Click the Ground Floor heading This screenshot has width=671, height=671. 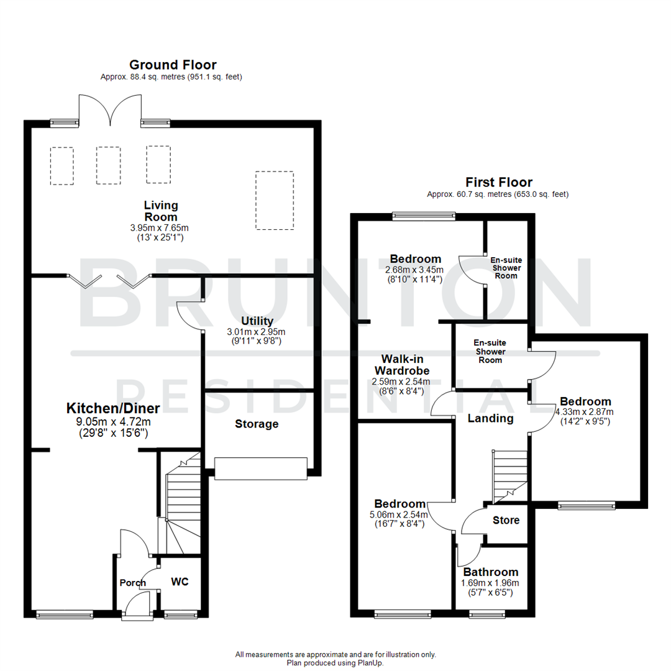click(x=172, y=65)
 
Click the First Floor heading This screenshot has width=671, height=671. click(x=499, y=182)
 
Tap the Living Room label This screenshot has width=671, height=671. click(x=161, y=211)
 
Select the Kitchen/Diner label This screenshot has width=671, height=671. click(x=113, y=408)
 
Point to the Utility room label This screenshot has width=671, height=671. click(x=257, y=321)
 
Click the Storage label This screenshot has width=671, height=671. click(x=257, y=424)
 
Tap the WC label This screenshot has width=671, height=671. click(x=180, y=582)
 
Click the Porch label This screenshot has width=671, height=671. click(x=132, y=583)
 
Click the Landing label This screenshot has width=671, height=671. click(x=490, y=419)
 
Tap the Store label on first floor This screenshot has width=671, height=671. click(x=506, y=520)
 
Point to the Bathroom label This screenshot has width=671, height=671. click(x=490, y=572)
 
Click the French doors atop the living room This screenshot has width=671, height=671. click(x=110, y=110)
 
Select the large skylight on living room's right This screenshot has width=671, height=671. click(x=274, y=200)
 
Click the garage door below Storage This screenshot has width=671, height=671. click(x=260, y=468)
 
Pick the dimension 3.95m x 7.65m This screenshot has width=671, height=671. click(x=160, y=228)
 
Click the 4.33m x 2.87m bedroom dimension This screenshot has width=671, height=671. click(x=585, y=412)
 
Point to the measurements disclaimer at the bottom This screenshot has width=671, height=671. click(x=335, y=654)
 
